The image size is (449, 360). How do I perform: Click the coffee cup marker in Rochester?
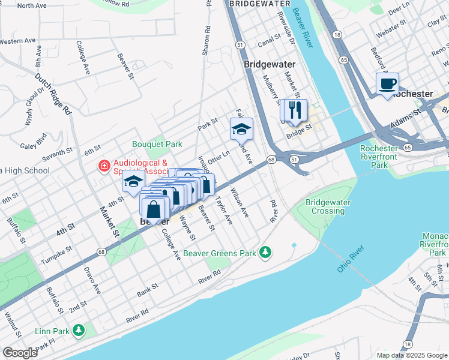tap(387, 83)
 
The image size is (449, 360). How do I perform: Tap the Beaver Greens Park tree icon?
tap(265, 253)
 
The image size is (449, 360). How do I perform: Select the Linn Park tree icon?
tap(78, 330)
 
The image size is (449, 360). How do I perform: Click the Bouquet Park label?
tap(157, 145)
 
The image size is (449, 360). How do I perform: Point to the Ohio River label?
tap(351, 259)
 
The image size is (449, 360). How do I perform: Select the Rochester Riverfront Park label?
tap(379, 157)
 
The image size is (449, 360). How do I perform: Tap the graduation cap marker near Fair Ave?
tap(241, 128)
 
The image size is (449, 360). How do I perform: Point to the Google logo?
tap(20, 353)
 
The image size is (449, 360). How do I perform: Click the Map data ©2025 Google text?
tap(412, 355)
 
